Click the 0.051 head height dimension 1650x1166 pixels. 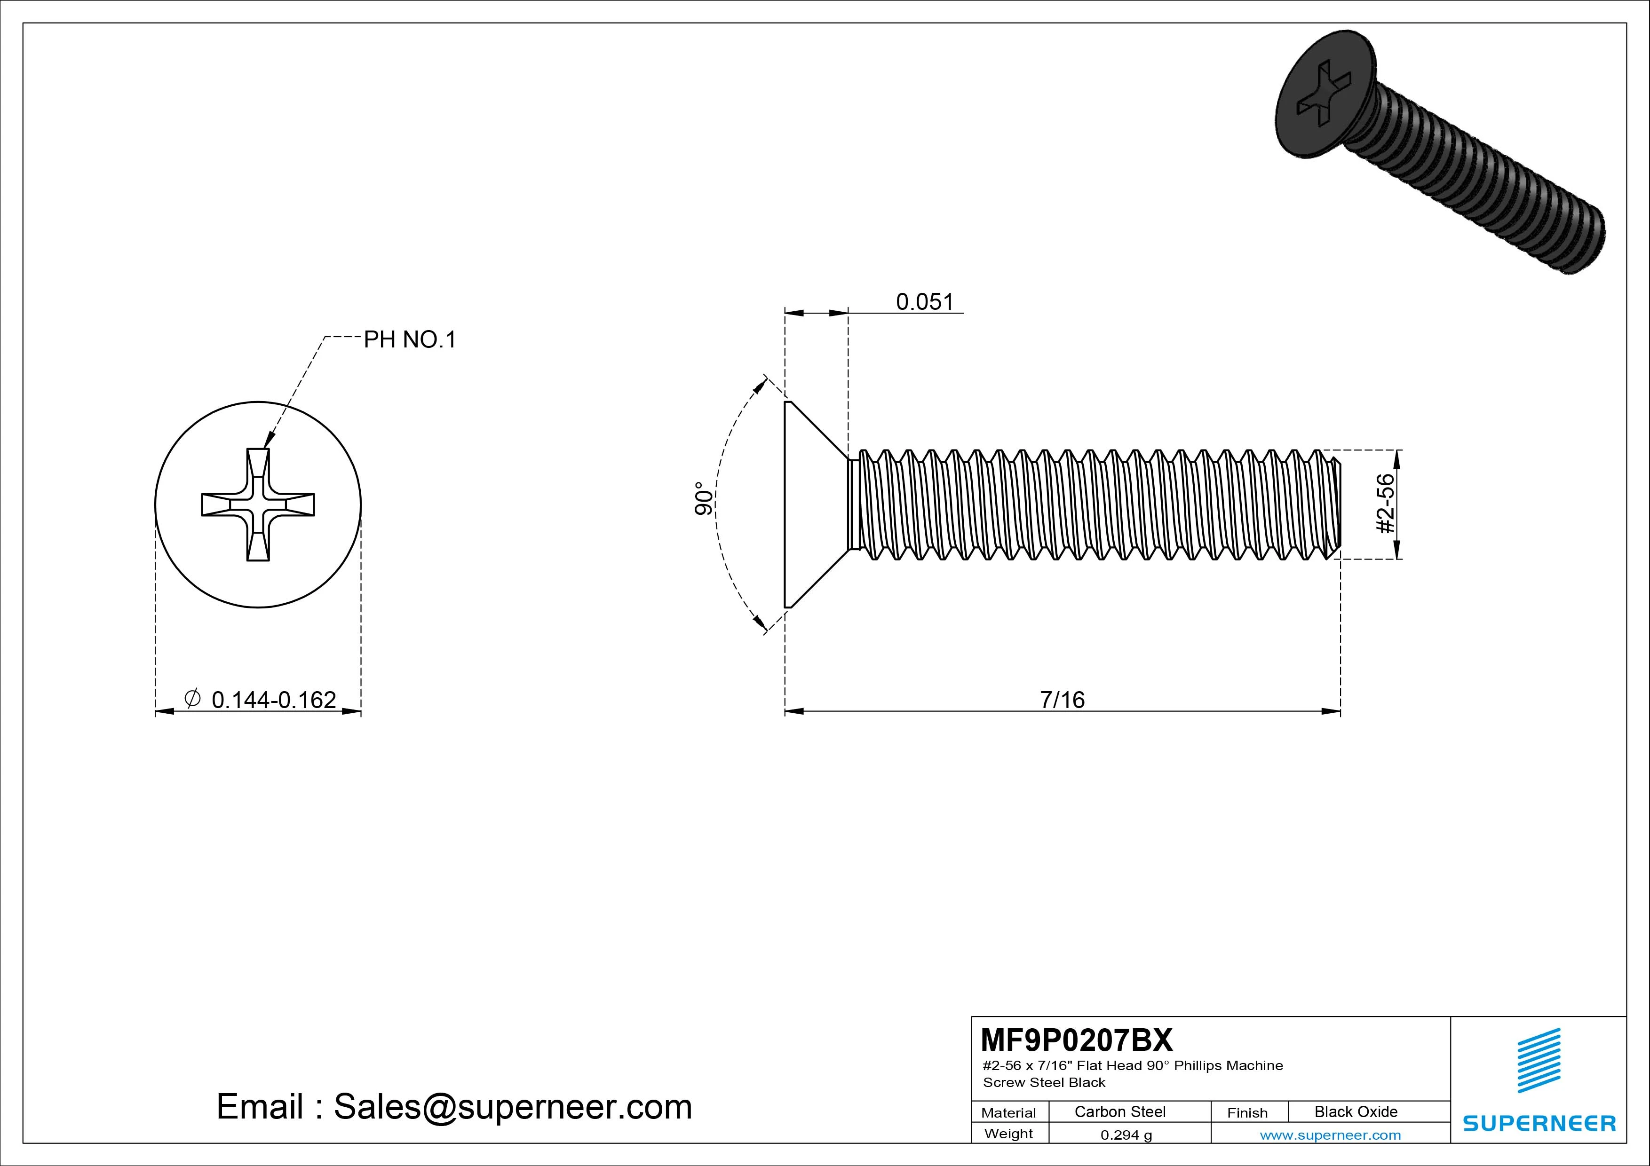(x=924, y=302)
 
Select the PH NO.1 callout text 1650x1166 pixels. (x=410, y=340)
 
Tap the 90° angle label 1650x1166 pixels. (x=704, y=498)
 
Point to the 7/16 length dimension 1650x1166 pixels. (x=1062, y=700)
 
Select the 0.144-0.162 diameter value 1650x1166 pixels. (x=274, y=700)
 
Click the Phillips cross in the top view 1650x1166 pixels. (x=258, y=504)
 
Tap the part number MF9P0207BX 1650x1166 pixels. (x=1076, y=1040)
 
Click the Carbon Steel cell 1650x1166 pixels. (x=1119, y=1111)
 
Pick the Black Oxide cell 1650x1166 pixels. (x=1356, y=1111)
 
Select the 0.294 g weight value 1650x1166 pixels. (x=1126, y=1135)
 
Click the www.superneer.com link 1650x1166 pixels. (x=1330, y=1135)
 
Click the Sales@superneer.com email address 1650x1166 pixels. (x=512, y=1107)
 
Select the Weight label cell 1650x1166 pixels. (x=1008, y=1134)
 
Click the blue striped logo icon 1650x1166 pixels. (x=1538, y=1060)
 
